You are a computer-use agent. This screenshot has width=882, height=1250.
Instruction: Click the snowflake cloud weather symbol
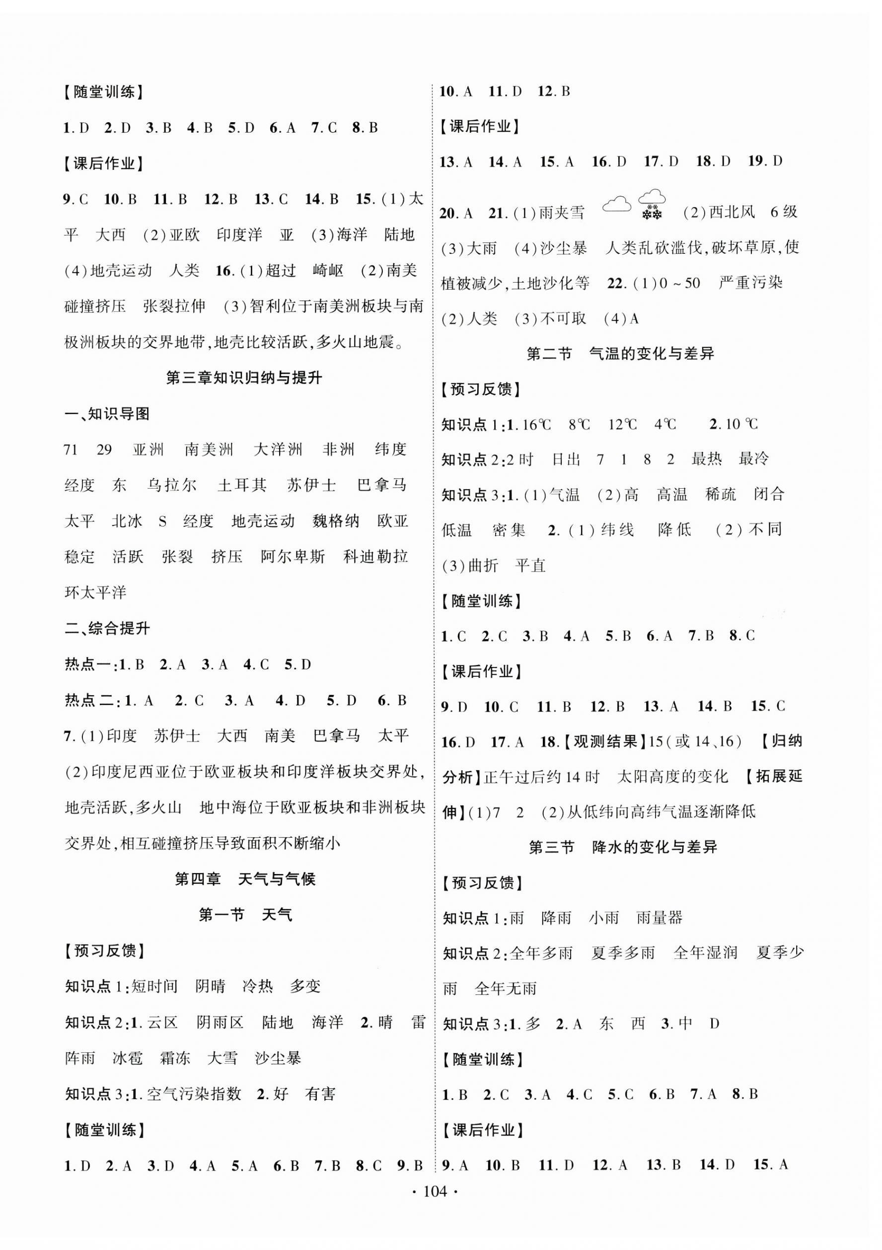(651, 204)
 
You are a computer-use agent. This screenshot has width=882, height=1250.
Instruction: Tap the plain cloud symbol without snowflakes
(617, 205)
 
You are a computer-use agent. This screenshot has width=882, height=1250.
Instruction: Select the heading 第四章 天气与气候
(244, 879)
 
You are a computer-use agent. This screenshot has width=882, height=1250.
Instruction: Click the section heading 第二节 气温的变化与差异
(620, 354)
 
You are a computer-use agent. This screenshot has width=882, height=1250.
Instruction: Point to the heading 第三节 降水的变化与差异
(623, 847)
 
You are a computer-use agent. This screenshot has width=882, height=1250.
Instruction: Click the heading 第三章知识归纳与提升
(244, 378)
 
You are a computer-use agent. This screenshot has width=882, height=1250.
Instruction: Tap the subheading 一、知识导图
(107, 414)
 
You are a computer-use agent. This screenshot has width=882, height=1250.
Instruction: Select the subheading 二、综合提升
(107, 628)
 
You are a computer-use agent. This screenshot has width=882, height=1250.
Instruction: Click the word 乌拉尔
(171, 485)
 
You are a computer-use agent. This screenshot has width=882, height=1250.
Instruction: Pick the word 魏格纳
(336, 521)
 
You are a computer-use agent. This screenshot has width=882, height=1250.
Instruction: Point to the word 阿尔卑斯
(293, 556)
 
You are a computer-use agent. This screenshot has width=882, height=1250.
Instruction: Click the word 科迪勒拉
(375, 556)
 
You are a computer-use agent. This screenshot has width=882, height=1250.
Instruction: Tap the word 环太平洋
(95, 592)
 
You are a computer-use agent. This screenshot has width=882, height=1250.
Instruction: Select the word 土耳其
(242, 485)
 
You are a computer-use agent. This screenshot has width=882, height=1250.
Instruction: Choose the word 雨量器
(660, 918)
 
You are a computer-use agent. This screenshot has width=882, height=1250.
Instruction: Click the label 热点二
(91, 700)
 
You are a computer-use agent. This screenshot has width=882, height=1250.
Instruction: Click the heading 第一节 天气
(245, 915)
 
